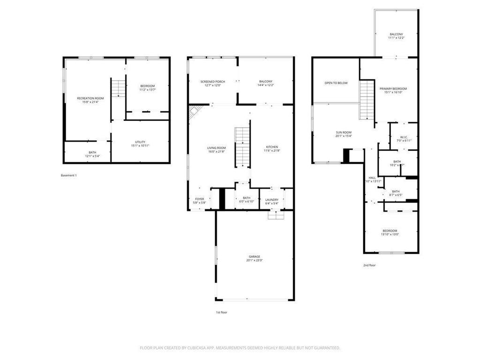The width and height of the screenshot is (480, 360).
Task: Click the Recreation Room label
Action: [90, 98]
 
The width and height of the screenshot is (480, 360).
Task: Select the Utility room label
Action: [140, 142]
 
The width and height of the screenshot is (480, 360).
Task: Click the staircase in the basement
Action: [119, 88]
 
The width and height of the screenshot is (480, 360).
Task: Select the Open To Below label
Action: [336, 83]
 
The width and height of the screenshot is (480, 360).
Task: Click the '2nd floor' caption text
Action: [369, 265]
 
